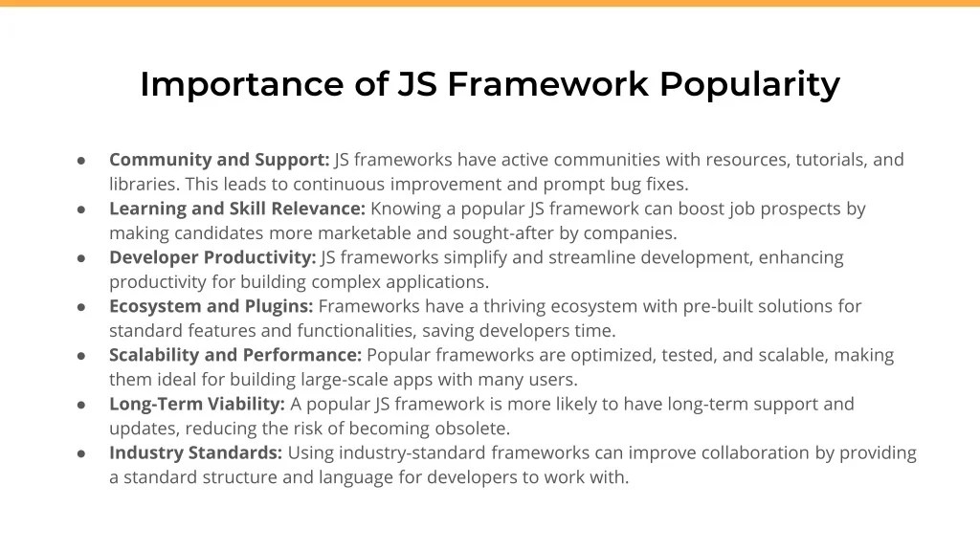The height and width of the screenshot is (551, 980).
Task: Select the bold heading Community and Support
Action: click(x=219, y=160)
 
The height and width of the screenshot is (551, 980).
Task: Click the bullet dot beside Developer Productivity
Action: click(x=82, y=258)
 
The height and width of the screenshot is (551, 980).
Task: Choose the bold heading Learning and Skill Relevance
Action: click(x=237, y=209)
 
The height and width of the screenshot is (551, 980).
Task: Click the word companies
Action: click(x=632, y=232)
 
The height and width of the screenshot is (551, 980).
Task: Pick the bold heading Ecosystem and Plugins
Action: click(x=212, y=306)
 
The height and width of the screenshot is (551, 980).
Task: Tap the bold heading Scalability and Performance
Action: click(x=235, y=355)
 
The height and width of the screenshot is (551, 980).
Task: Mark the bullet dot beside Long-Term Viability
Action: click(x=82, y=405)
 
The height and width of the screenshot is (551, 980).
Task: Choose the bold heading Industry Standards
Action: click(x=195, y=452)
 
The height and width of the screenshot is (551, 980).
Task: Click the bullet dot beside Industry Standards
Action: click(x=82, y=453)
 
